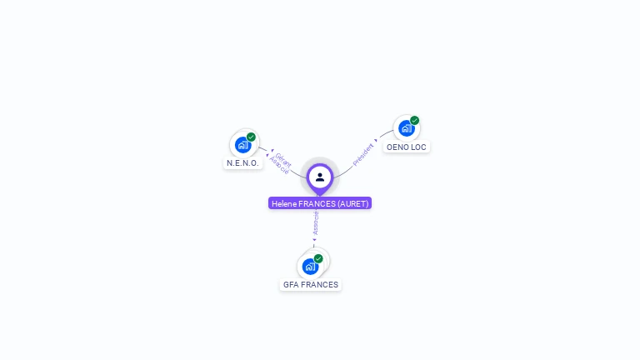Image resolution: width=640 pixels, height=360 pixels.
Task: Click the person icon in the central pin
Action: click(x=320, y=177)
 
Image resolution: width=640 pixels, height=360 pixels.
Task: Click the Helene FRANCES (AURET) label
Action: click(x=320, y=203)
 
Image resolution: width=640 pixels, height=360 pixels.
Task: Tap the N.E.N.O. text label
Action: click(x=243, y=163)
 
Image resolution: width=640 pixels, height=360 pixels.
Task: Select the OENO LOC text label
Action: click(x=407, y=147)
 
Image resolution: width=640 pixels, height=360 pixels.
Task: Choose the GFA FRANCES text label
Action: click(x=311, y=284)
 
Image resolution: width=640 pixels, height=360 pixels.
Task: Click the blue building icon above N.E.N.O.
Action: click(x=242, y=145)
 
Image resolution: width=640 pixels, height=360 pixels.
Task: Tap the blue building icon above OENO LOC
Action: click(x=406, y=128)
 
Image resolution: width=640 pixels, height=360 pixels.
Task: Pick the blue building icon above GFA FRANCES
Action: click(x=310, y=267)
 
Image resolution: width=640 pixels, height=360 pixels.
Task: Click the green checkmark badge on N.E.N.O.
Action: click(x=251, y=137)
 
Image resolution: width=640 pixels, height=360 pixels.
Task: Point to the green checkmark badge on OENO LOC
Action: click(x=414, y=121)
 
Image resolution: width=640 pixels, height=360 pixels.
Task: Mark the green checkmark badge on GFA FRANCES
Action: click(x=318, y=258)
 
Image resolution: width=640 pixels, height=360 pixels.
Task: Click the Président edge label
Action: click(x=362, y=155)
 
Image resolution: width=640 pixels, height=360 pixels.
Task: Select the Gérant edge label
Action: click(x=283, y=159)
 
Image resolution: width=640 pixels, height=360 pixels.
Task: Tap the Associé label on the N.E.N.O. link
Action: click(x=279, y=166)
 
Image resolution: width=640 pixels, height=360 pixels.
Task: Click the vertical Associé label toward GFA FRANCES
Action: click(x=316, y=222)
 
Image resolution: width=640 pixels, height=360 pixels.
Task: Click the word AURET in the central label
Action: click(x=352, y=203)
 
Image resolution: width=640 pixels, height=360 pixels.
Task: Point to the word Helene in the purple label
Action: click(x=283, y=203)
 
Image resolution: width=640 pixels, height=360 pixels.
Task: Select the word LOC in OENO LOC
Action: click(x=418, y=147)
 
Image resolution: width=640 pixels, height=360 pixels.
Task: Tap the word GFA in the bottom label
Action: click(x=291, y=284)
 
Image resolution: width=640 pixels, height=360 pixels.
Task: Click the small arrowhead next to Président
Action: click(x=376, y=141)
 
